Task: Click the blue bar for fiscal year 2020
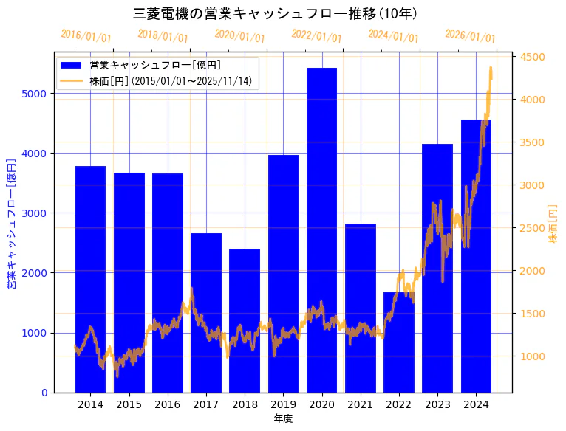pyautogui.click(x=321, y=230)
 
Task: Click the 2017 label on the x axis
pyautogui.click(x=206, y=404)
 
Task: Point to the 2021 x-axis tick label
pyautogui.click(x=360, y=404)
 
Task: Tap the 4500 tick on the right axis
pyautogui.click(x=533, y=57)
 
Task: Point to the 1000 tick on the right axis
pyautogui.click(x=533, y=356)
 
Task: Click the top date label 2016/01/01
pyautogui.click(x=86, y=35)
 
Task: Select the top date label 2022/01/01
pyautogui.click(x=317, y=35)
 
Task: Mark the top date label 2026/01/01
pyautogui.click(x=471, y=35)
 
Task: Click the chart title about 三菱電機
pyautogui.click(x=276, y=13)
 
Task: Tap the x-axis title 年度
pyautogui.click(x=283, y=418)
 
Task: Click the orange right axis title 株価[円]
pyautogui.click(x=553, y=224)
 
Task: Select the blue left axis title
pyautogui.click(x=11, y=224)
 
